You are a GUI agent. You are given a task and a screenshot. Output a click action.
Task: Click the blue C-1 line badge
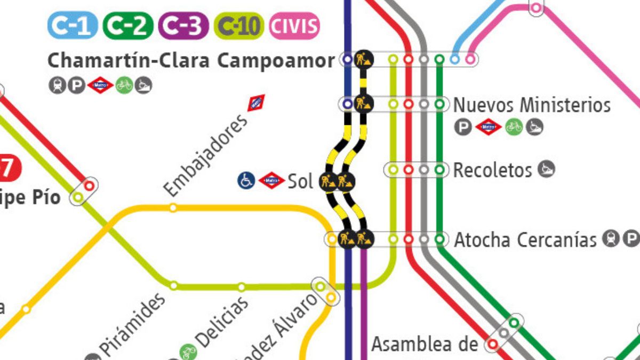(73, 26)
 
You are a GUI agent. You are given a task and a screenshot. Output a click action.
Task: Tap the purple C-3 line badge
(183, 26)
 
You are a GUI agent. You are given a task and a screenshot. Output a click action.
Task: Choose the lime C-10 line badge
(238, 26)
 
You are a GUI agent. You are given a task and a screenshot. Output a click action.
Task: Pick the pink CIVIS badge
(294, 26)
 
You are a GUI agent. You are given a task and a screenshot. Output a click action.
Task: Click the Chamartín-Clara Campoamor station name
(191, 60)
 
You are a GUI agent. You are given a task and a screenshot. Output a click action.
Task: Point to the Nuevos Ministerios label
(532, 105)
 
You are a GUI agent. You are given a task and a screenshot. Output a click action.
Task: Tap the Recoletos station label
(492, 170)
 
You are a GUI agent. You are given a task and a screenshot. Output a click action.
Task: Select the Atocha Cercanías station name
(525, 240)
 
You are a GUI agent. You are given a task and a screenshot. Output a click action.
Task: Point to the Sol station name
(300, 181)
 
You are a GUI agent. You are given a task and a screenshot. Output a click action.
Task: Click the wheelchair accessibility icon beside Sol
(246, 180)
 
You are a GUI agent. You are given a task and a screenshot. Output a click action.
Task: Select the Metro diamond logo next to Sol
(271, 180)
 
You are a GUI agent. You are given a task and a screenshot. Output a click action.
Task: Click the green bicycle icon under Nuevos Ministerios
(514, 126)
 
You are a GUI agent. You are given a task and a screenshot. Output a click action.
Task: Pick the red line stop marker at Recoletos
(409, 170)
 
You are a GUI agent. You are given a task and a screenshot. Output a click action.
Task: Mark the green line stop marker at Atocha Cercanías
(439, 239)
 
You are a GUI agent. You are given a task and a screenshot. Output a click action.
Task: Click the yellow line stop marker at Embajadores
(173, 208)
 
